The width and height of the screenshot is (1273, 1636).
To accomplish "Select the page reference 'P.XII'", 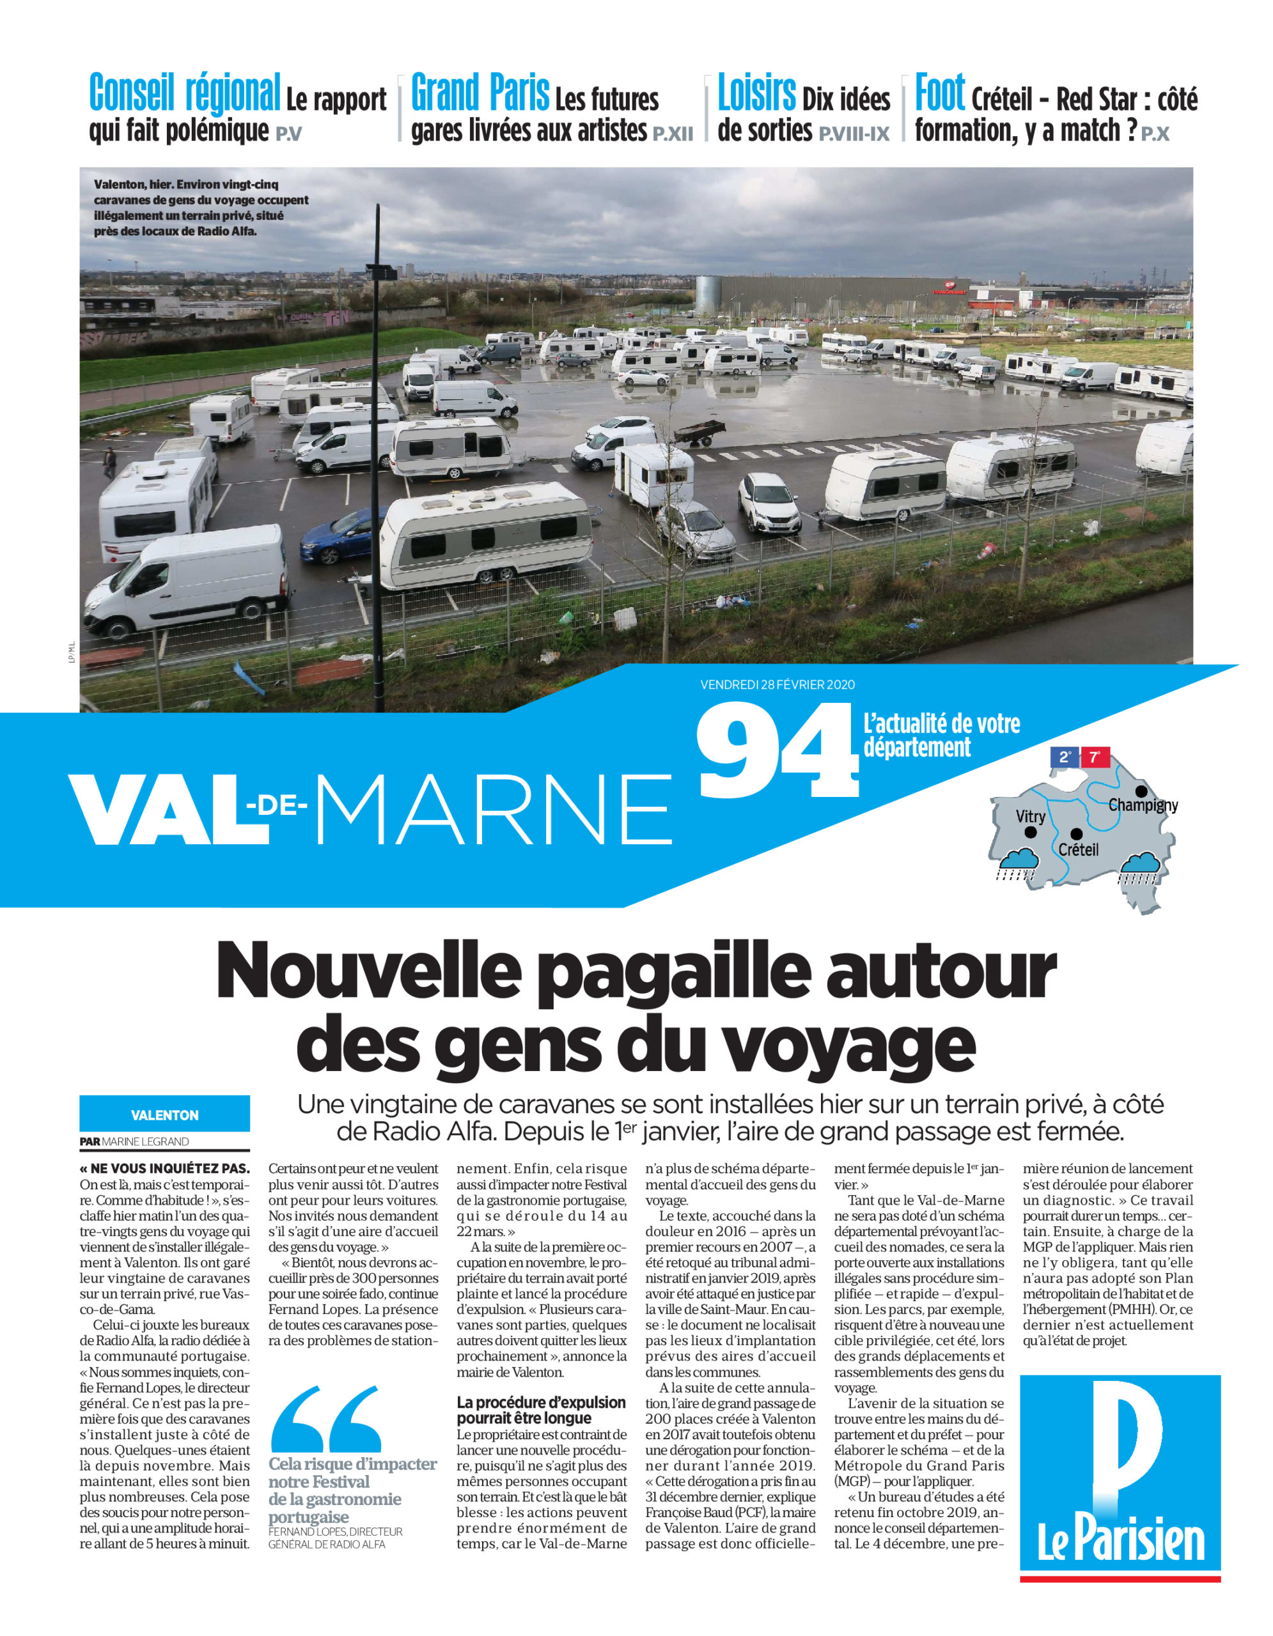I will coord(672,135).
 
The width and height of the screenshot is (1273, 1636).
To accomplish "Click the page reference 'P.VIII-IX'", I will coord(854,135).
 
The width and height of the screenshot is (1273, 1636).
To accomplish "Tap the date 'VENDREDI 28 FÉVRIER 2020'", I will coord(777,684).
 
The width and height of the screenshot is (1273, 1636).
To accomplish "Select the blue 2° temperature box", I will coord(1064,757).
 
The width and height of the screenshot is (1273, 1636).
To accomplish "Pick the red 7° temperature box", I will coord(1094,757).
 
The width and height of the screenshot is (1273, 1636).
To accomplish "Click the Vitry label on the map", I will coord(1030,817).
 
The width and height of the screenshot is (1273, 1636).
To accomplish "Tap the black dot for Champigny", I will coord(1141,791).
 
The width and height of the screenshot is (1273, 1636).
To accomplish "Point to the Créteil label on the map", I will coord(1078,849).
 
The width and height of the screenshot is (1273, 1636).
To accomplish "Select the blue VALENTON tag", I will coord(165,1115).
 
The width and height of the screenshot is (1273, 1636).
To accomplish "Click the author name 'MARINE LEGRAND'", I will coord(145,1141).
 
